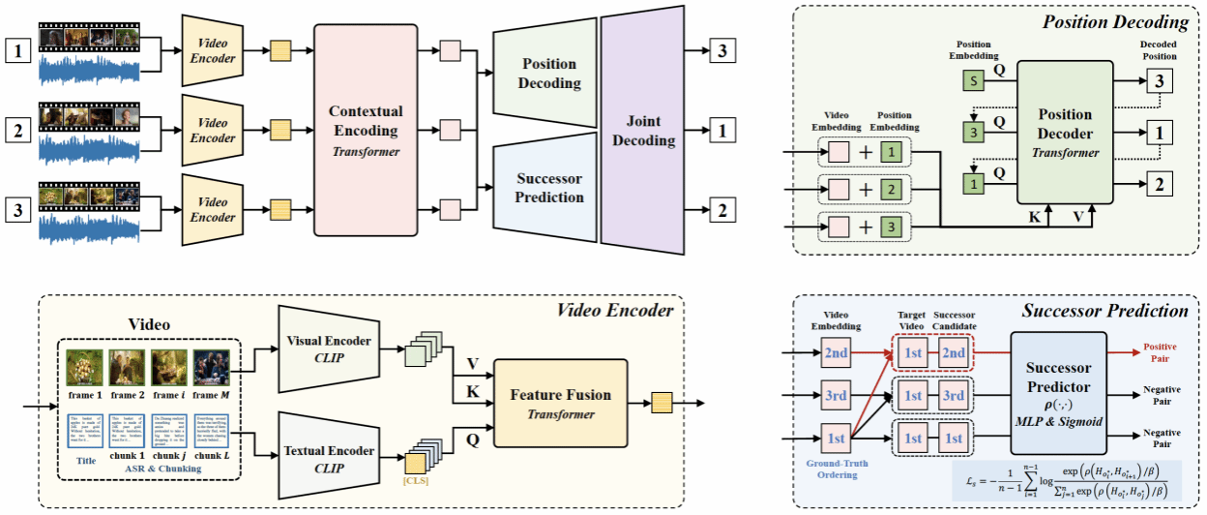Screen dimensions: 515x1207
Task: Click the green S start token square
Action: pyautogui.click(x=970, y=82)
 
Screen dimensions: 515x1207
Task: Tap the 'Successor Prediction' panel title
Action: pyautogui.click(x=1104, y=311)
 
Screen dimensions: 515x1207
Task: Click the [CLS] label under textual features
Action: pyautogui.click(x=415, y=481)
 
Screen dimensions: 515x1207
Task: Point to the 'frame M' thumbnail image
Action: pyautogui.click(x=212, y=370)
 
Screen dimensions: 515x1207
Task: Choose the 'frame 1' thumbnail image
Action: pyautogui.click(x=85, y=370)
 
